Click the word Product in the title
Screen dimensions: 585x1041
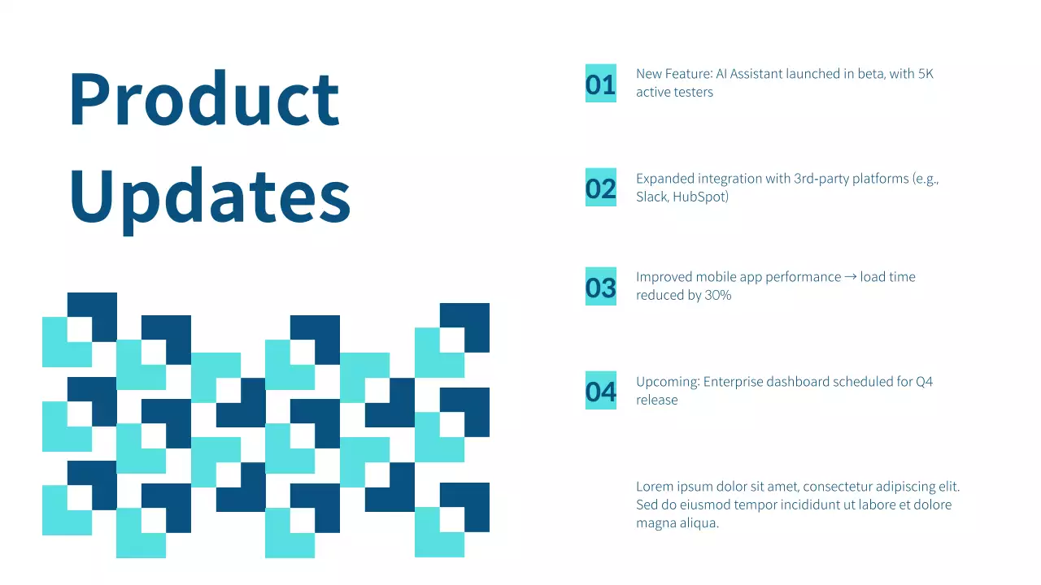pos(204,99)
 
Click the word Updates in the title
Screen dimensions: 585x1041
pos(210,197)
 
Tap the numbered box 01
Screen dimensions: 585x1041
pos(601,84)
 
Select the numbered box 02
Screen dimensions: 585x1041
pos(601,188)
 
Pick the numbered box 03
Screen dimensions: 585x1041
pos(601,287)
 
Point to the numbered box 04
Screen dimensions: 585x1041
pos(601,391)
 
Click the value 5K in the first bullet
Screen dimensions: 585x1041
pos(926,74)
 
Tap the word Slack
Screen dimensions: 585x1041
pos(652,197)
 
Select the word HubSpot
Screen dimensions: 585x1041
pos(700,197)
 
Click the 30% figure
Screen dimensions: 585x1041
pos(718,296)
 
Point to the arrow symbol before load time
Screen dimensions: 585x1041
pos(851,277)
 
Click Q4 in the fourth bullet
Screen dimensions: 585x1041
pos(925,382)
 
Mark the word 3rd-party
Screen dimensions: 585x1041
pos(821,179)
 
